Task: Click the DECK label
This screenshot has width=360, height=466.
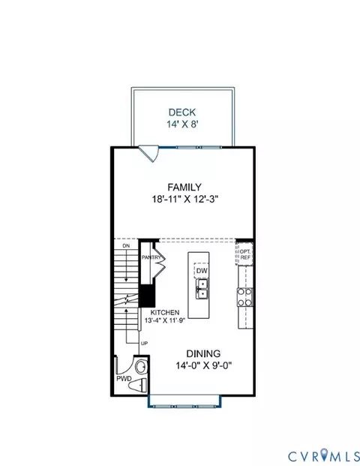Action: pos(182,113)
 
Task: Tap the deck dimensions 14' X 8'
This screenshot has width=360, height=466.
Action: pos(182,125)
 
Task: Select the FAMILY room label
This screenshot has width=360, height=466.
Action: pos(184,188)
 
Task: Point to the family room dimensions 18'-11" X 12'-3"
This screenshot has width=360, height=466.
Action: pos(185,199)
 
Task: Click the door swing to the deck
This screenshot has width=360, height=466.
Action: pos(149,153)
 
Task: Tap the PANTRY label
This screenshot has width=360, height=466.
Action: pos(151,257)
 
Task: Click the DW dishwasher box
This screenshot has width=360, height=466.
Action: pos(202,271)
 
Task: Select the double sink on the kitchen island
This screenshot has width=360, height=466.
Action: pos(202,289)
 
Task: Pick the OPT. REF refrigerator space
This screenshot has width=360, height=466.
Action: pos(244,254)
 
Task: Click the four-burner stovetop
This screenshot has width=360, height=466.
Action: pos(245,297)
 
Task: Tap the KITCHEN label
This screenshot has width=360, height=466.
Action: pos(165,313)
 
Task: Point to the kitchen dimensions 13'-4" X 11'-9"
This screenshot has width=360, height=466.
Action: pos(165,320)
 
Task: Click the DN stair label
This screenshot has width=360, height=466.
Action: pos(126,246)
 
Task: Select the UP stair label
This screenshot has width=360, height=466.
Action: pos(144,344)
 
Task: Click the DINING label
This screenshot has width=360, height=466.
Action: pos(203,353)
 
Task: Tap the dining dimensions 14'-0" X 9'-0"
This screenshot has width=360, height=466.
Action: pos(203,365)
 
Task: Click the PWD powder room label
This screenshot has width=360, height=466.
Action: pos(124,379)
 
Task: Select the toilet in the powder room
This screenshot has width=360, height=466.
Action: pos(138,386)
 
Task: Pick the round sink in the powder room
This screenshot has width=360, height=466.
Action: pos(141,367)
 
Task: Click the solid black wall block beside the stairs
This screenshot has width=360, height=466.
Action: pos(147,296)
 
